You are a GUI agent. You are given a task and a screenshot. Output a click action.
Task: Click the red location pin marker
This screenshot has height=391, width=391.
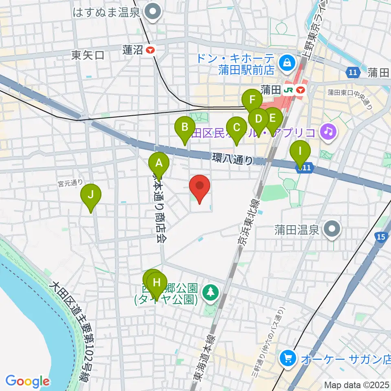200,187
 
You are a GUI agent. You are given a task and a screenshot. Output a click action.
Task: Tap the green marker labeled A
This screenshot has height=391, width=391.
159,164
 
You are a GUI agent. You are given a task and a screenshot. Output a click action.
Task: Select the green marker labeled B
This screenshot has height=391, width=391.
185,127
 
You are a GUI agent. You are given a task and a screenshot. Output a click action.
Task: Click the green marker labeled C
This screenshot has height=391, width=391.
236,128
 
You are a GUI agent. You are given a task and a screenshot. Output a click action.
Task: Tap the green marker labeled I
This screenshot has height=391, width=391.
300,152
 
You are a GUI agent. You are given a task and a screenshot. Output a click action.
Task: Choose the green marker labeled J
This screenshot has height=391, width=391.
90,195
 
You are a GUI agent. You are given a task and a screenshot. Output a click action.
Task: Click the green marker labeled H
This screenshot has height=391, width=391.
157,282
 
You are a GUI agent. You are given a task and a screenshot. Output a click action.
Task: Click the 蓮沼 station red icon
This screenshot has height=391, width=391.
151,50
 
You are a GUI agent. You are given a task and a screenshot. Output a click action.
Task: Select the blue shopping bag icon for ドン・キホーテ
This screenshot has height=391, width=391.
287,63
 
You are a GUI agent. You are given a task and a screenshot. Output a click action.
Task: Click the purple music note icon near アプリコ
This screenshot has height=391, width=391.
328,132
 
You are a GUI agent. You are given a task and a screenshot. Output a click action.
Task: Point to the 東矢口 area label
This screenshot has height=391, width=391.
88,55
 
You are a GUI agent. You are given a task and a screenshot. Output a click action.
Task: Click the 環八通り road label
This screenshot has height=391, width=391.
232,159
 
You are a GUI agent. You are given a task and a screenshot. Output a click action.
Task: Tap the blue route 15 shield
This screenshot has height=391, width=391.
381,237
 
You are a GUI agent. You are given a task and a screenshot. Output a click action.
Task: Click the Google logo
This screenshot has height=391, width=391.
27,381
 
